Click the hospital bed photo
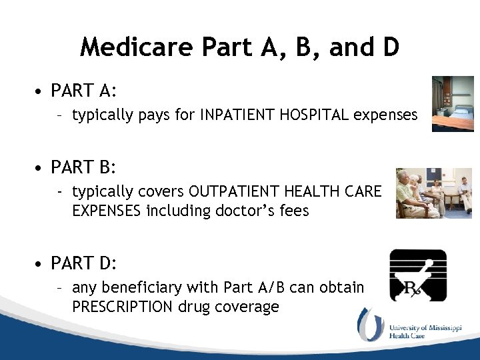tap(453, 104)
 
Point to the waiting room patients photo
tap(433, 193)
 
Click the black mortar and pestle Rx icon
tap(418, 275)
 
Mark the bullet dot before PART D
tap(42, 264)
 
